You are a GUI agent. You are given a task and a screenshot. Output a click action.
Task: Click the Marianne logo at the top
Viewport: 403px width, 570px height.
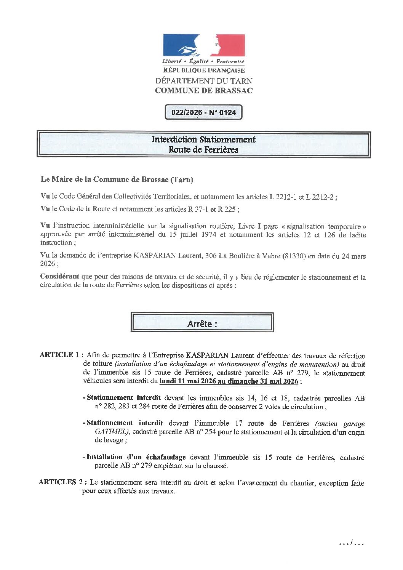click(204, 45)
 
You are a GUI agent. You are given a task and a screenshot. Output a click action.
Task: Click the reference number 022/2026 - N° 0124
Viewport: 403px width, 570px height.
click(203, 112)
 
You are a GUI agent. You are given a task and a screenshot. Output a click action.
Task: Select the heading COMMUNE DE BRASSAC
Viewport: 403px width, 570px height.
click(204, 91)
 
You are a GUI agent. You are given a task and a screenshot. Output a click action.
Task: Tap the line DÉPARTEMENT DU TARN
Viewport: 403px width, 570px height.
click(204, 81)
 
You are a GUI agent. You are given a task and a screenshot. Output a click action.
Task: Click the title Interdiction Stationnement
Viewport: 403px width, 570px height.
click(204, 139)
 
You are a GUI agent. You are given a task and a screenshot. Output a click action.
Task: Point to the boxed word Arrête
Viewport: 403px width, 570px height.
click(202, 323)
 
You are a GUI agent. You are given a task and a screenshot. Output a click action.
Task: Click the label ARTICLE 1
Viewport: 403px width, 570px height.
click(61, 355)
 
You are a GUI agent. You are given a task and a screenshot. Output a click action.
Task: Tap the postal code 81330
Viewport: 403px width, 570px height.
click(294, 256)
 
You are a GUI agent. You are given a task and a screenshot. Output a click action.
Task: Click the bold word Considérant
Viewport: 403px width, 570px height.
click(60, 277)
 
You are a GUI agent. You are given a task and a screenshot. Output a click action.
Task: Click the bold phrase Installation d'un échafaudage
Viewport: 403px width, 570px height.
click(136, 457)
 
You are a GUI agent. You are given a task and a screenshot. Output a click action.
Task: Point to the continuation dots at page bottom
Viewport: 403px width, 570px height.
click(352, 543)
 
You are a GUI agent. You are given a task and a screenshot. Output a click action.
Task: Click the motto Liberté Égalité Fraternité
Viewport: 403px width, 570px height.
click(203, 61)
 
